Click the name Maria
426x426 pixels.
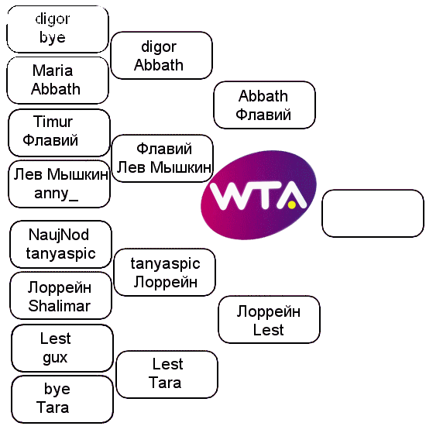(53, 70)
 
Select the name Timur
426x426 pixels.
(53, 122)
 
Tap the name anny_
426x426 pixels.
(57, 194)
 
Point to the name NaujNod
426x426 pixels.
(59, 235)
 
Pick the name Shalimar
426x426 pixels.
(59, 306)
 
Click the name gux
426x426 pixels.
(55, 358)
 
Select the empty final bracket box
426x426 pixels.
(373, 214)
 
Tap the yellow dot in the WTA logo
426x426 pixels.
(292, 204)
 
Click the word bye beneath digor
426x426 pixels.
(53, 37)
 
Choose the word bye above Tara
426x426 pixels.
(57, 390)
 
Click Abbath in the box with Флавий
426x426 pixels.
(263, 96)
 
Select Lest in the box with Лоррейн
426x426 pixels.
(269, 330)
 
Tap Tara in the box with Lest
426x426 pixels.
(165, 383)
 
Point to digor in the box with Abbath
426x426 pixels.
(159, 47)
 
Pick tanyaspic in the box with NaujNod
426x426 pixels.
(61, 254)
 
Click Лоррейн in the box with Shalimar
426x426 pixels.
(60, 287)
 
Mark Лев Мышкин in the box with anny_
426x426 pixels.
(61, 174)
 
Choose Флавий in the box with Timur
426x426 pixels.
(50, 140)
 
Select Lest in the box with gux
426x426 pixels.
(56, 338)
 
